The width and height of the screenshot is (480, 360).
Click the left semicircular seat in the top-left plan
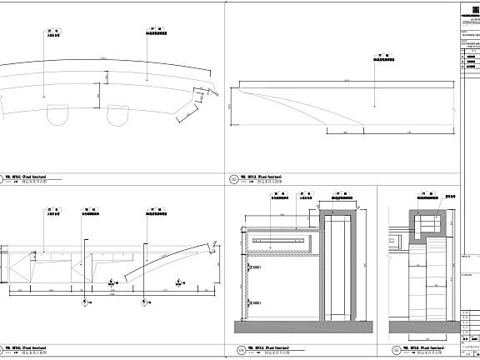(57, 114)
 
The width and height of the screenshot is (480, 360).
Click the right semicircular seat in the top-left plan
(117, 114)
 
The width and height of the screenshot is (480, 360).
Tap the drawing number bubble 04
(242, 351)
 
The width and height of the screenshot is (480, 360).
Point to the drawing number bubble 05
(395, 351)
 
